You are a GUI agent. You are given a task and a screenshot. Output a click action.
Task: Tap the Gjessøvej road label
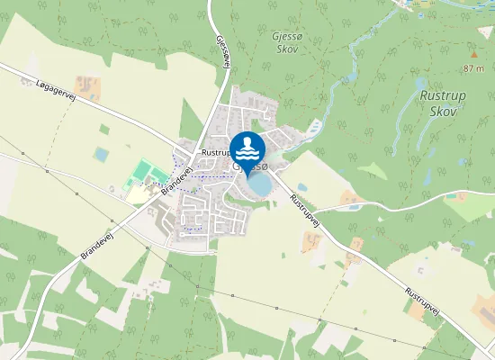pyautogui.click(x=221, y=50)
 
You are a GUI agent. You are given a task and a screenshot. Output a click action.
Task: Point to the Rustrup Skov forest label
pyautogui.click(x=439, y=103)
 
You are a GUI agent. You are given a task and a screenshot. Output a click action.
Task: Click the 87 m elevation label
pyautogui.click(x=474, y=68)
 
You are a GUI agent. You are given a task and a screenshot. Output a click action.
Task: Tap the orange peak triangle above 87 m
pyautogui.click(x=472, y=52)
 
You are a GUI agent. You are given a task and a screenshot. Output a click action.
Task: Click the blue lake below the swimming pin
pyautogui.click(x=260, y=184)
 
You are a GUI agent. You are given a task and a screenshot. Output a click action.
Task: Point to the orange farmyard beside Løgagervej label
pyautogui.click(x=88, y=87)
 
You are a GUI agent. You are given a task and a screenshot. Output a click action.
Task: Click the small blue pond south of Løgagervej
pyautogui.click(x=101, y=155)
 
